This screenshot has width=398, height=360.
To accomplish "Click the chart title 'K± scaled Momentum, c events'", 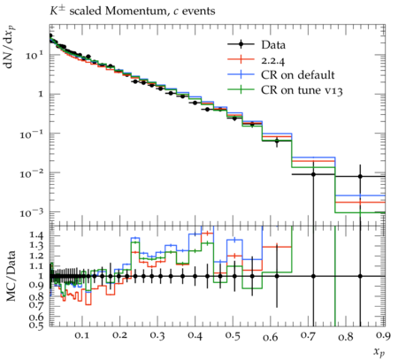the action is [x=132, y=11].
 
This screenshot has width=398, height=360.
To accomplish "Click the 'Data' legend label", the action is [x=273, y=45].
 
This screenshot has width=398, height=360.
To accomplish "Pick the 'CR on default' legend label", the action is [x=298, y=75].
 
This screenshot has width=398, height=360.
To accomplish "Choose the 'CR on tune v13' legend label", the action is [x=302, y=90].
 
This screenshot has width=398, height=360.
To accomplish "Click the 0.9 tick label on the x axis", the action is [x=384, y=336].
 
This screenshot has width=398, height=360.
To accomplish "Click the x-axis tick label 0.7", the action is [x=309, y=336].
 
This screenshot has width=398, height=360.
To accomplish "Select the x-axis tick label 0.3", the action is [x=157, y=336].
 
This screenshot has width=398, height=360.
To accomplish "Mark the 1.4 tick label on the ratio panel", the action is [x=36, y=235].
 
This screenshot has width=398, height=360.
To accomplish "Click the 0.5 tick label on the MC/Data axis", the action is [x=36, y=325].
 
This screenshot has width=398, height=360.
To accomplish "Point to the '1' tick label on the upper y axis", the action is [x=42, y=95].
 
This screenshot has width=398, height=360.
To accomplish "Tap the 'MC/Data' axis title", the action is [x=11, y=276].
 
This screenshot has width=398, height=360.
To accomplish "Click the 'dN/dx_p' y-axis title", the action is [x=11, y=47].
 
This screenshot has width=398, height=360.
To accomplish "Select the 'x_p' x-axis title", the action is [x=379, y=352].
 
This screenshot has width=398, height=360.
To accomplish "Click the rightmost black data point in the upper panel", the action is [x=360, y=176].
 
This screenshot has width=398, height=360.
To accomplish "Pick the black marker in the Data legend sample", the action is [x=241, y=44].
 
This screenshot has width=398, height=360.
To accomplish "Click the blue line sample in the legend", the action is [x=241, y=74].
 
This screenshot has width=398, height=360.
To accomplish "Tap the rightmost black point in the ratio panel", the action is [x=360, y=276].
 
